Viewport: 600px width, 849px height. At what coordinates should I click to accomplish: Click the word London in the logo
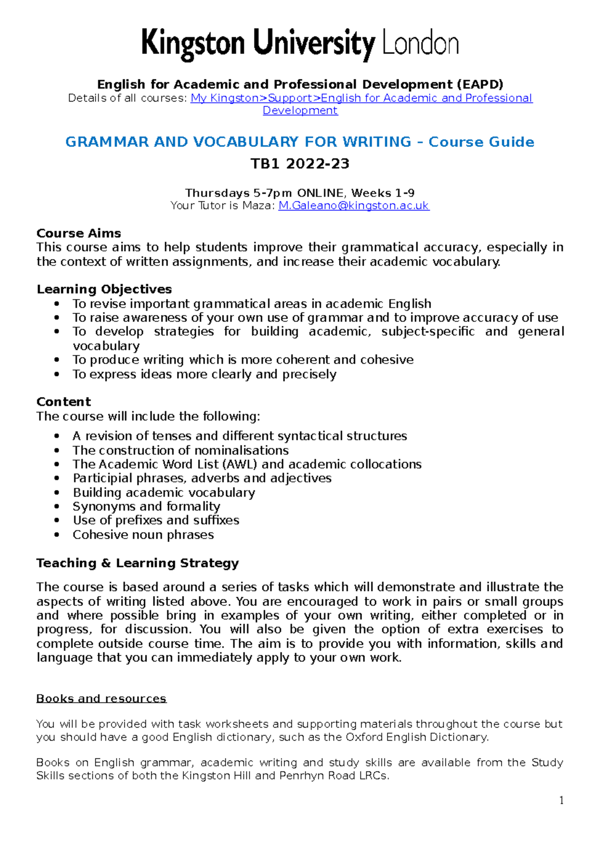point(420,44)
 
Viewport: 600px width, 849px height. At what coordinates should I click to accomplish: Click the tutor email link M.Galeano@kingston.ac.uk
point(353,206)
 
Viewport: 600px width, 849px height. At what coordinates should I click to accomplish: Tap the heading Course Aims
point(78,233)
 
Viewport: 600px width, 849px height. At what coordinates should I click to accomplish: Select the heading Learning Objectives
point(104,289)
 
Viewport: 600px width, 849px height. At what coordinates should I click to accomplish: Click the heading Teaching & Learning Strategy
point(137,563)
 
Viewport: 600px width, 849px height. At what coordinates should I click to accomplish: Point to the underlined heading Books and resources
point(101,698)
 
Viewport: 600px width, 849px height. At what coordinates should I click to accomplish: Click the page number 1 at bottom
point(561,800)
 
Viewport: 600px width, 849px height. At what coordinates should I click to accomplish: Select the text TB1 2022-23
point(299,164)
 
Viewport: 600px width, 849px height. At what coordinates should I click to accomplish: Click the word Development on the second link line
point(300,111)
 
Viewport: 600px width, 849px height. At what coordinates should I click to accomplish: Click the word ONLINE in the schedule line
point(320,193)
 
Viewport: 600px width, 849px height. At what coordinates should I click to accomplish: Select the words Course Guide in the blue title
point(481,142)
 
